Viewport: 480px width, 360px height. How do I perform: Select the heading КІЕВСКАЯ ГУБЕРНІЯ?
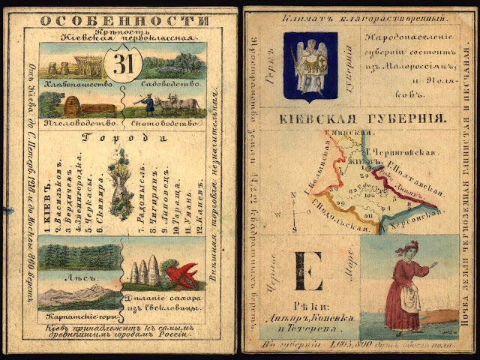pyautogui.click(x=364, y=118)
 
